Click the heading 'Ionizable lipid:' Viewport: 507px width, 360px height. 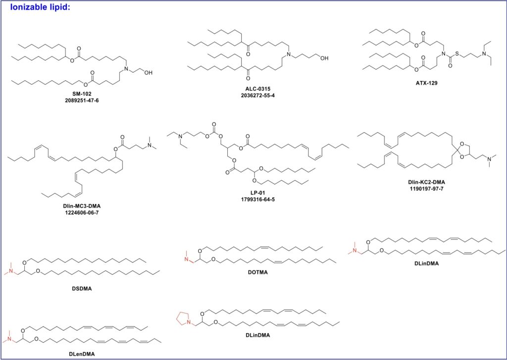[40, 7]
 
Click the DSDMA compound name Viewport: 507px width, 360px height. [82, 289]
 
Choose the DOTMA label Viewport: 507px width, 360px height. [257, 272]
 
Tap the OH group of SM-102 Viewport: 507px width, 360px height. [148, 73]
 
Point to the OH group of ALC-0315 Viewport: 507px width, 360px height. [324, 58]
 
